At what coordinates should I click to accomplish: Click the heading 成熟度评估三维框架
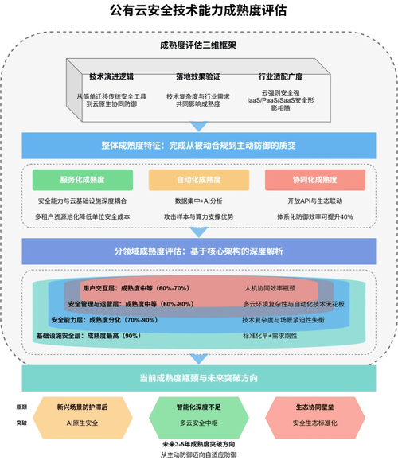tap(198, 45)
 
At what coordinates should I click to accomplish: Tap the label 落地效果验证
tap(197, 77)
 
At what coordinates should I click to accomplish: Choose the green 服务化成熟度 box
tap(78, 179)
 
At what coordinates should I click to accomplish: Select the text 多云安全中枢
tap(198, 423)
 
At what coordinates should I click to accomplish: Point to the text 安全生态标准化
tap(318, 423)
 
